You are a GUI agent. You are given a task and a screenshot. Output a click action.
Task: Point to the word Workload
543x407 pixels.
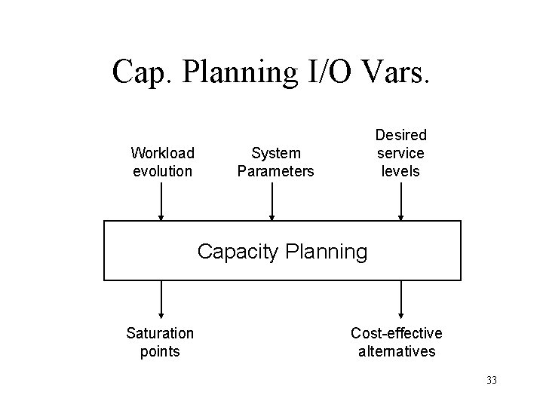[x=162, y=153]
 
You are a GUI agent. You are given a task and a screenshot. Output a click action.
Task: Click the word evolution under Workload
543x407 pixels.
[x=162, y=171]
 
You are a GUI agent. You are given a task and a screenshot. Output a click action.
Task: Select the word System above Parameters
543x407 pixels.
[x=275, y=153]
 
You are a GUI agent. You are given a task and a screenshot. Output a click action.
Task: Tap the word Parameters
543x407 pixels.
[x=275, y=171]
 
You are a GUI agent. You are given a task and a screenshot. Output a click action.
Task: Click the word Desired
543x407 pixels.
[x=401, y=135]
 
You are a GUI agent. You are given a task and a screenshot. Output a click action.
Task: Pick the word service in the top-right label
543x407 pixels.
[x=401, y=153]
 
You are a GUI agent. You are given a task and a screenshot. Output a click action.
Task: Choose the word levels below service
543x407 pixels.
[x=401, y=171]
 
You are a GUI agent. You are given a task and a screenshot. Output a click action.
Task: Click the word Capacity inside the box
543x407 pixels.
[x=236, y=252]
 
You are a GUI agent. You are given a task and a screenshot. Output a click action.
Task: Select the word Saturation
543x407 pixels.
[x=160, y=333]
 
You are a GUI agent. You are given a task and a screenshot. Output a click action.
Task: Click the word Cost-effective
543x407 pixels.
[x=397, y=333]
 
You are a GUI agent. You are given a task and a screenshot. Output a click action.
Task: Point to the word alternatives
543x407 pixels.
[x=397, y=351]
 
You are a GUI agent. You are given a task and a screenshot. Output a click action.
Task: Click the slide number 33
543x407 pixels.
[x=492, y=380]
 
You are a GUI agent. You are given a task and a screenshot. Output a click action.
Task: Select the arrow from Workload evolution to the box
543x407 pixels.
[x=161, y=201]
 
